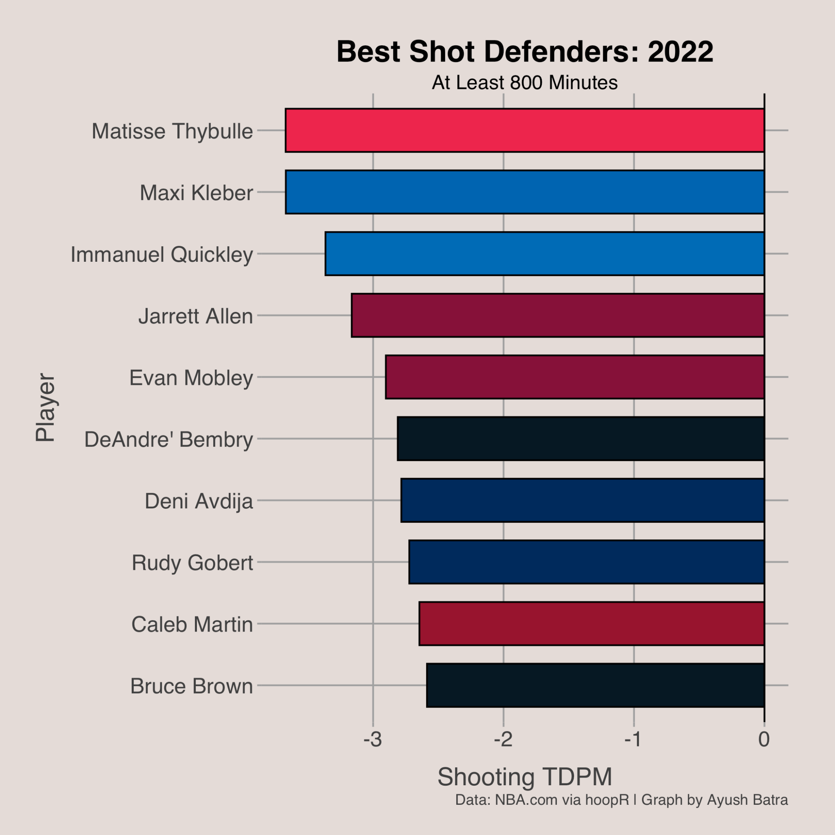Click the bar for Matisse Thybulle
click(x=525, y=130)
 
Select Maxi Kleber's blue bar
click(x=525, y=192)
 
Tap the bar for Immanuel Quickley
click(x=545, y=254)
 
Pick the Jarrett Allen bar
click(x=557, y=316)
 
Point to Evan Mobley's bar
click(x=575, y=377)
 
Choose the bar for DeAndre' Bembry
click(x=581, y=439)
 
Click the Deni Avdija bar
click(x=582, y=501)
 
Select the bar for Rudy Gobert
click(x=586, y=562)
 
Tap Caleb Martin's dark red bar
click(x=591, y=624)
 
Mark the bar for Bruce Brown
click(x=595, y=685)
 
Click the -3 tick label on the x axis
click(x=373, y=740)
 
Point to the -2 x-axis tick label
click(x=503, y=740)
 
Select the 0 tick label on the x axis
click(x=764, y=740)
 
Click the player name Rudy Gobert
click(x=192, y=563)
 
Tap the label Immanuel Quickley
click(x=161, y=254)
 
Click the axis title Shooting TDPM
click(x=525, y=777)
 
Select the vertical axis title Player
click(x=45, y=408)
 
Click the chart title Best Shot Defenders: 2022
click(x=525, y=52)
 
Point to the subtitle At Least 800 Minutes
click(x=525, y=82)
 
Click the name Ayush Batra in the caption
click(x=747, y=800)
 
